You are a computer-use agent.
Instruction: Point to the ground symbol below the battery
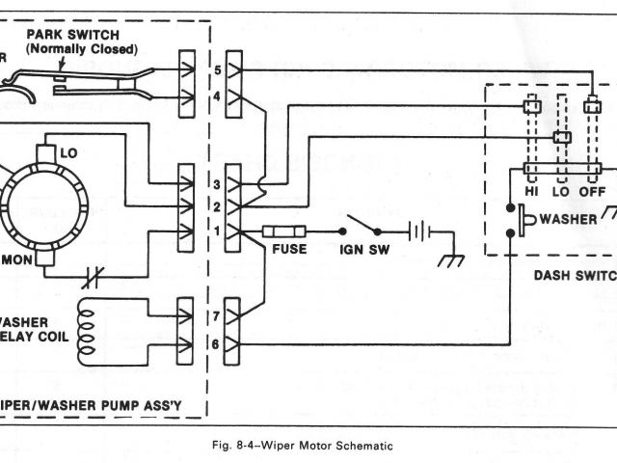448,259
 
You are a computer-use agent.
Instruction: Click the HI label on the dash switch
531,191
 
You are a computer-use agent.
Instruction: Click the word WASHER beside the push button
569,219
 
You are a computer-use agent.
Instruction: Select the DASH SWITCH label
575,274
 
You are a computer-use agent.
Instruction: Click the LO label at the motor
68,153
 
